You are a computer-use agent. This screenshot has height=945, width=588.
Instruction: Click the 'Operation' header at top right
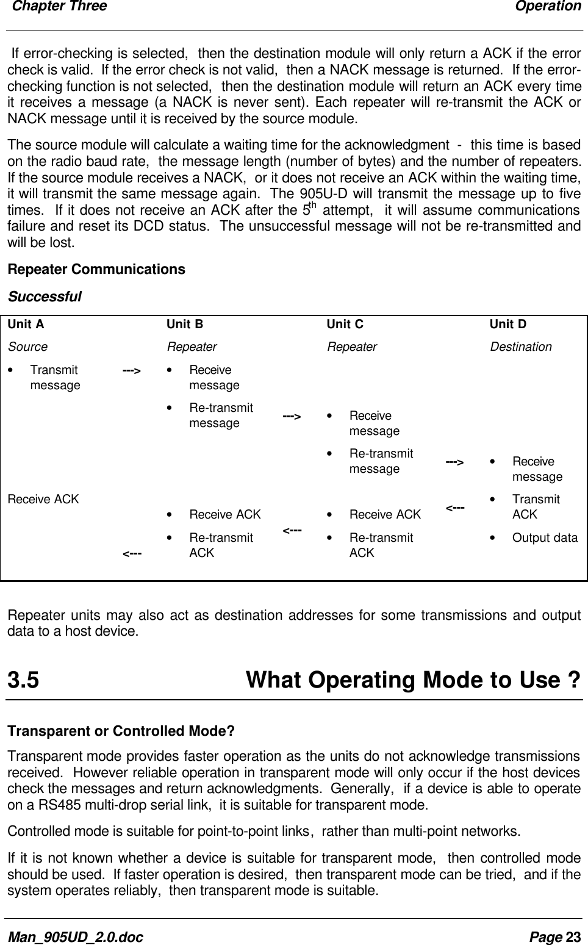coord(548,6)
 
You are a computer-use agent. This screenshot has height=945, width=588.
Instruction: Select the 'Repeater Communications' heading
coord(96,269)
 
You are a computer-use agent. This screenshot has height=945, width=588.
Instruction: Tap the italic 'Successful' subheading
coord(44,297)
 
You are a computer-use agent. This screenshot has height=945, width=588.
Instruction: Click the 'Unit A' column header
coord(26,324)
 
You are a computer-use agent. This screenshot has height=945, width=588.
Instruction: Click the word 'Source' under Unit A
coord(27,347)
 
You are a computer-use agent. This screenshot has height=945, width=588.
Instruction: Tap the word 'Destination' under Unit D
coord(521,347)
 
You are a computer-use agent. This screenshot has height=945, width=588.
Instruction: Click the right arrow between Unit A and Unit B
coord(132,370)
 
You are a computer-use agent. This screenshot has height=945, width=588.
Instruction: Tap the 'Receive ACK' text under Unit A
coord(43,499)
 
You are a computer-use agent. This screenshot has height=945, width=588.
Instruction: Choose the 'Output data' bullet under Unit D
coord(545,537)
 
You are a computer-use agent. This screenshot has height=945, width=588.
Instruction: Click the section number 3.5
coord(23,680)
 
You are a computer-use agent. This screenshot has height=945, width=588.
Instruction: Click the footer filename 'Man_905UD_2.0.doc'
coord(75,936)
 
